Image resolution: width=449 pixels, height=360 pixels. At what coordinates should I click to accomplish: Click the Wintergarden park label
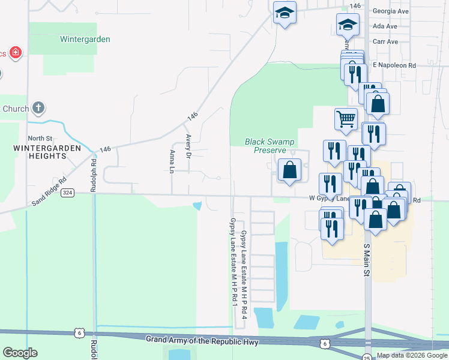pos(85,40)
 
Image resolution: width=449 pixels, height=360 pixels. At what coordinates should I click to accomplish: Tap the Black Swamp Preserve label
pos(270,146)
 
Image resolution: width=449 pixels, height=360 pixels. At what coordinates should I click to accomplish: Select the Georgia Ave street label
pos(390,11)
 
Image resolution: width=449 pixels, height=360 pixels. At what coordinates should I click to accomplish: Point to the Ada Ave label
pos(385,26)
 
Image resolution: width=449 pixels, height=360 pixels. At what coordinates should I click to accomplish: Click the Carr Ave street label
pos(385,42)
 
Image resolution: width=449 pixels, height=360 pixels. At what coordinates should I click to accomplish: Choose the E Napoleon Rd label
pos(394,65)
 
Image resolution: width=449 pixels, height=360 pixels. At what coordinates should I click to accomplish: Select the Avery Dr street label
pos(188,145)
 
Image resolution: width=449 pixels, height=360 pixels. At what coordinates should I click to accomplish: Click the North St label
pos(40,139)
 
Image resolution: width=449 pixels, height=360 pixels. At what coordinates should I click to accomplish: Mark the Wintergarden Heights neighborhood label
pos(40,152)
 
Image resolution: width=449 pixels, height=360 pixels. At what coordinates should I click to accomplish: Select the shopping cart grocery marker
pos(346,119)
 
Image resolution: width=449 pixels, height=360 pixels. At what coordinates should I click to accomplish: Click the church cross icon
pos(38,109)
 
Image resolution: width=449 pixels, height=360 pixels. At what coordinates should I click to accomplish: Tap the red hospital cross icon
pos(15,53)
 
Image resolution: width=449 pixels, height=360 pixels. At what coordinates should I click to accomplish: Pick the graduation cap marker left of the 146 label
pos(285,12)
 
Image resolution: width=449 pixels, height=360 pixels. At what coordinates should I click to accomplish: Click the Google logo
pos(20,353)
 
